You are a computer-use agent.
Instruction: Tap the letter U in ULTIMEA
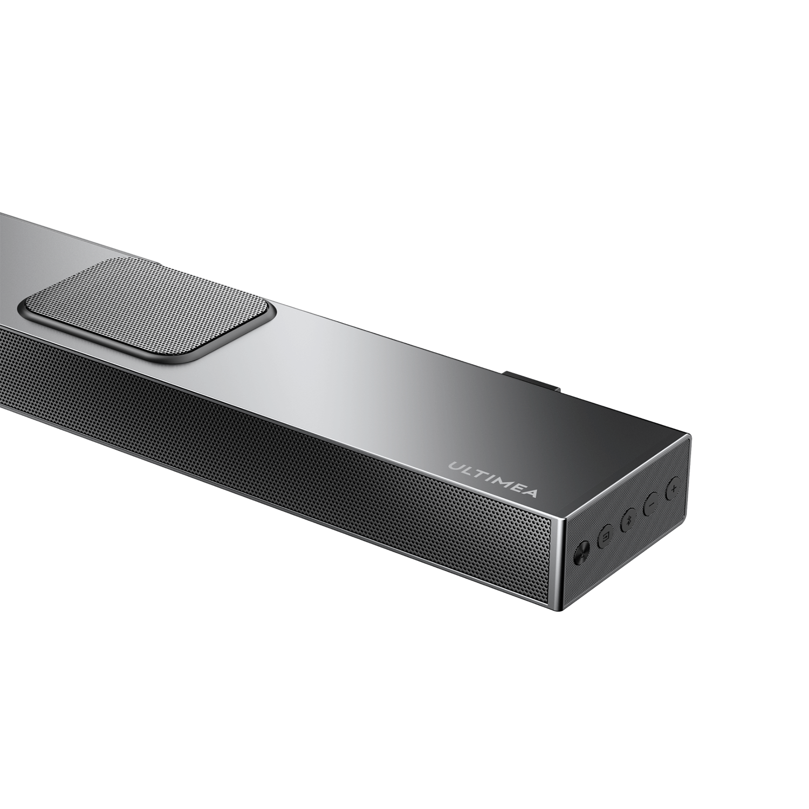point(455,466)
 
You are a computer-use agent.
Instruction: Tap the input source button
point(605,536)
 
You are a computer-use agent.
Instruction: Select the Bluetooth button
point(628,521)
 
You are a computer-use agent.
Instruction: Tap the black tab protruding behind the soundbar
point(531,381)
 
